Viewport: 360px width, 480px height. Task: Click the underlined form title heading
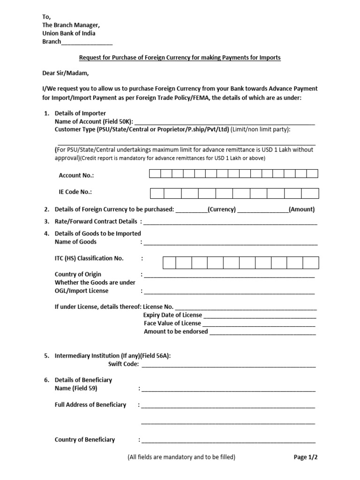pyautogui.click(x=180, y=58)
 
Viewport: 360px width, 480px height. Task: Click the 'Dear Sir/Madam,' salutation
pyautogui.click(x=64, y=73)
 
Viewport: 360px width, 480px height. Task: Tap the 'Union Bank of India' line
pyautogui.click(x=68, y=33)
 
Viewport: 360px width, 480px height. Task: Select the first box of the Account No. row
pyautogui.click(x=155, y=174)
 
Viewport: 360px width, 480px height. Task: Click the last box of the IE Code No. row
pyautogui.click(x=310, y=193)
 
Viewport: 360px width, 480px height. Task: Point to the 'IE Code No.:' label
pyautogui.click(x=75, y=192)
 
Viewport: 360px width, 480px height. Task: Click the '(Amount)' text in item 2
pyautogui.click(x=301, y=210)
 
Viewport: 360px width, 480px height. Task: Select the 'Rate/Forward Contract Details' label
pyautogui.click(x=96, y=221)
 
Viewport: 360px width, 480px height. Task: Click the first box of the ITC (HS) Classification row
pyautogui.click(x=169, y=262)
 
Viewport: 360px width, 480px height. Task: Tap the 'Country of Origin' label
pyautogui.click(x=78, y=274)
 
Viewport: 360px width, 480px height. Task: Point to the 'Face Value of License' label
pyautogui.click(x=172, y=323)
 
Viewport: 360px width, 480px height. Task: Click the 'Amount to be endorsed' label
pyautogui.click(x=175, y=331)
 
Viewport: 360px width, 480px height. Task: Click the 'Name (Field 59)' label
pyautogui.click(x=76, y=389)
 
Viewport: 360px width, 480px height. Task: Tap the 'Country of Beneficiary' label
pyautogui.click(x=85, y=440)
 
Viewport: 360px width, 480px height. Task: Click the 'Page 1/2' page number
pyautogui.click(x=308, y=457)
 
